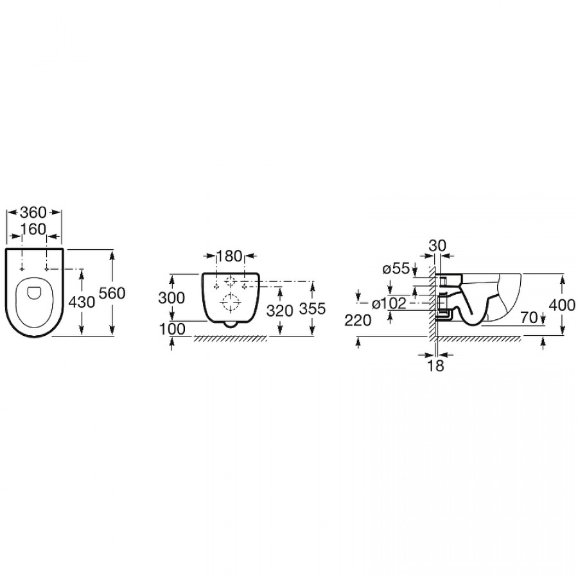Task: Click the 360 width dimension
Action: click(x=33, y=213)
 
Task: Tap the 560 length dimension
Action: click(x=112, y=293)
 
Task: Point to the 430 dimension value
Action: click(x=82, y=302)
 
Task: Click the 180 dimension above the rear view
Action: click(x=229, y=256)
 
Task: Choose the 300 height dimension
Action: click(x=171, y=298)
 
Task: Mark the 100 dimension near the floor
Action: click(x=171, y=329)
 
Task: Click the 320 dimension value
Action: click(x=280, y=311)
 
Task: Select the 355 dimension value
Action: click(x=312, y=308)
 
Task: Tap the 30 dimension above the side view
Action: click(x=437, y=245)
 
